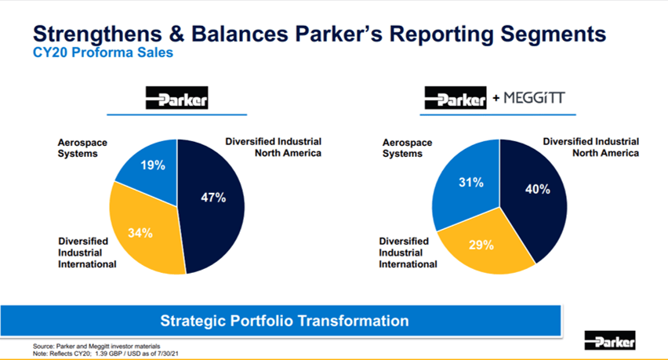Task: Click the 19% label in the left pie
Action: pyautogui.click(x=153, y=165)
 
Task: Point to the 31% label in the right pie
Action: pyautogui.click(x=470, y=183)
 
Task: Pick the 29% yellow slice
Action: pyautogui.click(x=485, y=247)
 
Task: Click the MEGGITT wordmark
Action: pyautogui.click(x=534, y=98)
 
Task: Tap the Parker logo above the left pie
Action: pyautogui.click(x=176, y=97)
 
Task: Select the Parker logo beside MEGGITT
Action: pyautogui.click(x=456, y=97)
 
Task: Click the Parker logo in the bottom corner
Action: pyautogui.click(x=610, y=340)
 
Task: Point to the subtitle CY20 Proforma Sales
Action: pyautogui.click(x=103, y=53)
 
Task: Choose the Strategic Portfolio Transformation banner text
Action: pyautogui.click(x=285, y=321)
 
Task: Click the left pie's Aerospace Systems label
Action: pyautogui.click(x=82, y=148)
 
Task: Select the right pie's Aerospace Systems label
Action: pyautogui.click(x=407, y=148)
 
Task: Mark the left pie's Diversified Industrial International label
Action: pyautogui.click(x=87, y=253)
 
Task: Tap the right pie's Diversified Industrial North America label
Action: pyautogui.click(x=591, y=147)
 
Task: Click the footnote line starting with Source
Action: pyautogui.click(x=96, y=347)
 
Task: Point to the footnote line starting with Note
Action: pyautogui.click(x=106, y=354)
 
